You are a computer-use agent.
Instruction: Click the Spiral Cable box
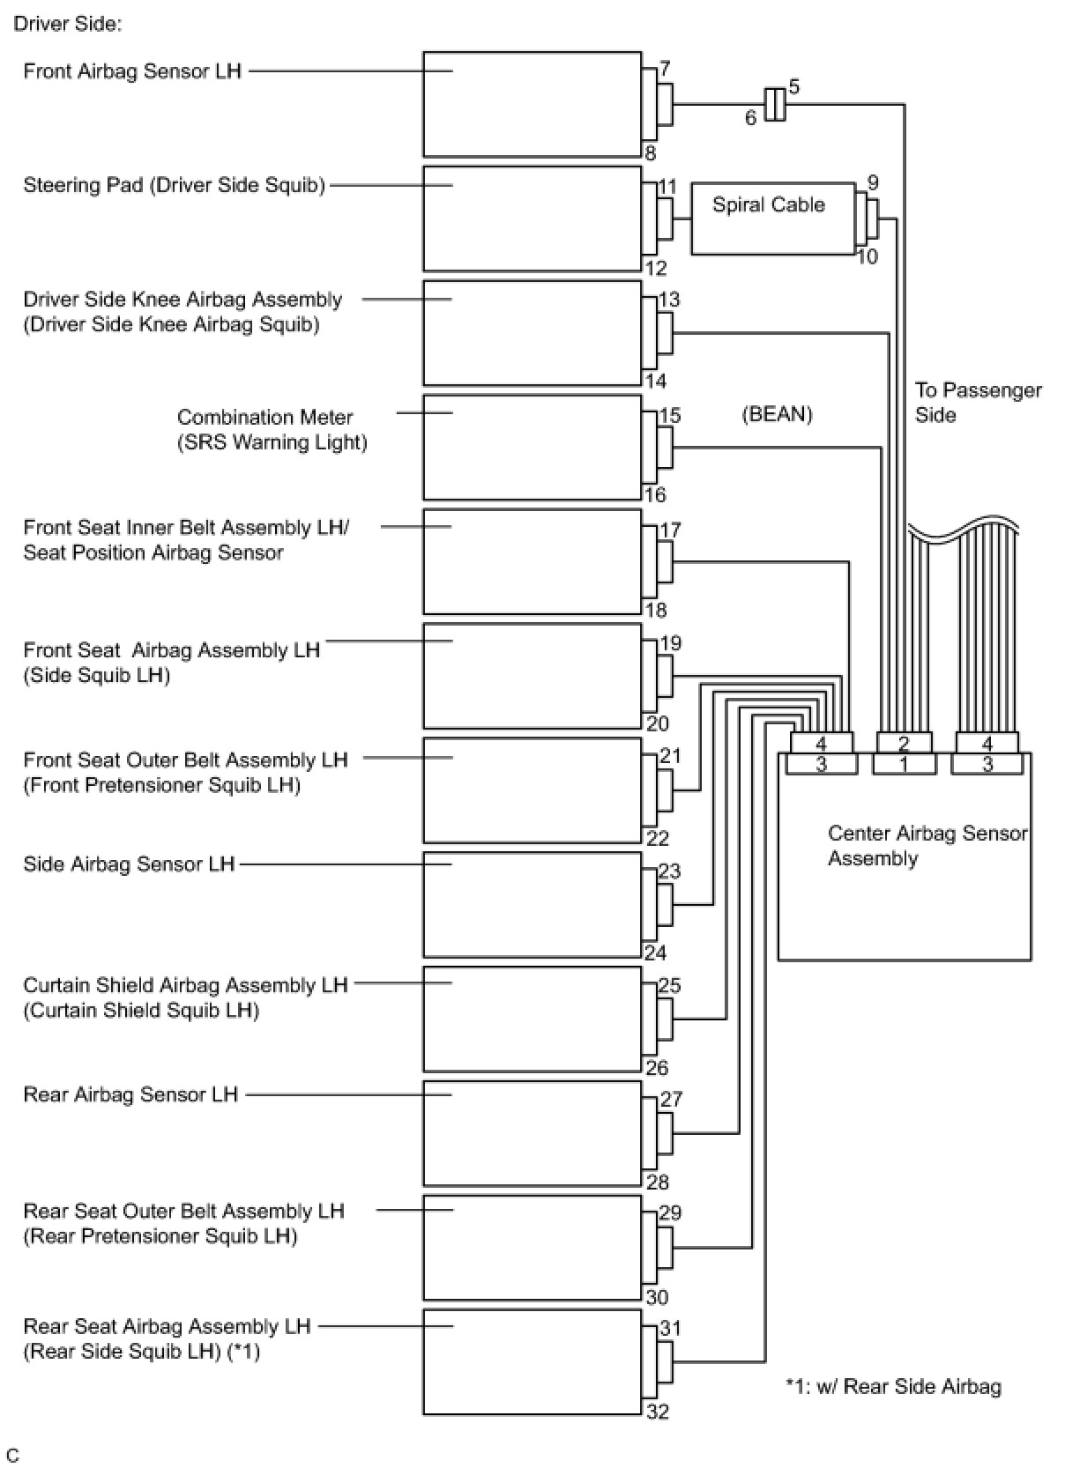(771, 219)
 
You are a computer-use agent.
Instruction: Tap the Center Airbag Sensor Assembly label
(927, 846)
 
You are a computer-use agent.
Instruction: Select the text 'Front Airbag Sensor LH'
(132, 71)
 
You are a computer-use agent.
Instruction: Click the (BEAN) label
(777, 414)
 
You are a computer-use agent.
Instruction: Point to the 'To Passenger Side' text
(977, 402)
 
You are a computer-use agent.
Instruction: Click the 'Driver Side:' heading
(68, 24)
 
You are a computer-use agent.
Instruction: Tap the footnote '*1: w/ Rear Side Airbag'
(893, 1387)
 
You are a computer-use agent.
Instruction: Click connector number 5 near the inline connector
(794, 87)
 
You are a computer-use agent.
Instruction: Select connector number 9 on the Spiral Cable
(873, 183)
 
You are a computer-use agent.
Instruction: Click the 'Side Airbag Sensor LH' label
(129, 864)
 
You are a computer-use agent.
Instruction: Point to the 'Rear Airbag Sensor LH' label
(130, 1094)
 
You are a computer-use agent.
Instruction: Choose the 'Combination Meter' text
(264, 417)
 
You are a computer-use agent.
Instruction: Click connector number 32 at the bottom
(658, 1412)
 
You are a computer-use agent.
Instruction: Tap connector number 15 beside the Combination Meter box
(670, 415)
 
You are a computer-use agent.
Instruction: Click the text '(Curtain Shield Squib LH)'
(141, 1010)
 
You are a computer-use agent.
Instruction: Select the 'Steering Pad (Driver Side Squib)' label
(174, 185)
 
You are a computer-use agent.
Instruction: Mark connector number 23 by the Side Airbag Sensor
(670, 871)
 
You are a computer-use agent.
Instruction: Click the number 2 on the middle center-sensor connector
(904, 744)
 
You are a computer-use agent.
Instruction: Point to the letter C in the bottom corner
(12, 1455)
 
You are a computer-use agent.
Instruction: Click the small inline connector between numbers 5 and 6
(774, 104)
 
